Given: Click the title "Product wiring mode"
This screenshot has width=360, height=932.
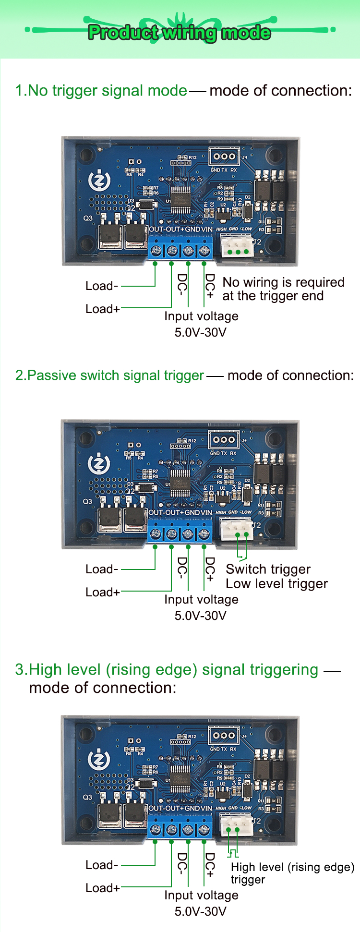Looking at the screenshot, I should tap(180, 33).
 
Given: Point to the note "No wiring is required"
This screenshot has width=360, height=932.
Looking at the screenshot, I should tap(283, 282).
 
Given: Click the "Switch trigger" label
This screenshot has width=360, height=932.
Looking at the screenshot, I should tap(268, 569).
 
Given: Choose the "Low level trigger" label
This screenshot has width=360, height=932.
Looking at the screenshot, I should tap(276, 583).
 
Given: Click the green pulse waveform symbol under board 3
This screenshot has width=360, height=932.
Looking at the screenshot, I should tap(233, 853).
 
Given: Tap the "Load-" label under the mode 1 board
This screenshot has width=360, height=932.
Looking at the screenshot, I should tap(101, 286).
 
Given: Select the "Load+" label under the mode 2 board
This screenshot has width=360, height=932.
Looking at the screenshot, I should tap(102, 592).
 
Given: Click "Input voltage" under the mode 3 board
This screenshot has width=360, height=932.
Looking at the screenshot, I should tap(201, 895).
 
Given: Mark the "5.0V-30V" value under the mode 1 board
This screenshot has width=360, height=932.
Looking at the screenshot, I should tap(200, 332).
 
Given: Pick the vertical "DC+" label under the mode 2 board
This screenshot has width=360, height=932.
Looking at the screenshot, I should tap(210, 569).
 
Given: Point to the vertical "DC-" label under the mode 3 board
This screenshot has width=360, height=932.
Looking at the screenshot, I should tap(182, 865).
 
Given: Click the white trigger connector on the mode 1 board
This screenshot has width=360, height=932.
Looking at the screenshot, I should tap(237, 246).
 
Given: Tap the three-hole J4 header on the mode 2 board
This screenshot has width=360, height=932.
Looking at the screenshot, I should tap(224, 439).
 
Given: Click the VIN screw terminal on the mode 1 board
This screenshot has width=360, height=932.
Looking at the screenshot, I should tap(205, 250).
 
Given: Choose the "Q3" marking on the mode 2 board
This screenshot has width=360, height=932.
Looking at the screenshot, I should tap(87, 501).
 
